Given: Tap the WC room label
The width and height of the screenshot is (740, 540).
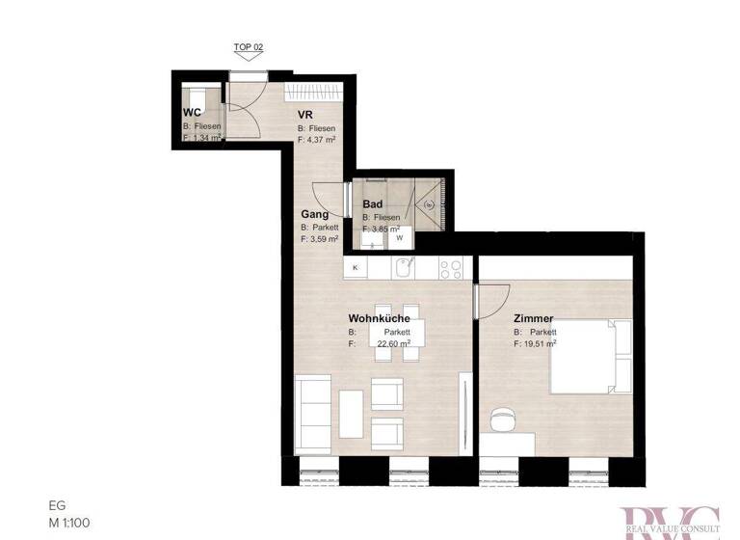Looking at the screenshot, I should coord(192,114).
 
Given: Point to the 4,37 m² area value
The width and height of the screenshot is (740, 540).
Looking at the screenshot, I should coord(320,139).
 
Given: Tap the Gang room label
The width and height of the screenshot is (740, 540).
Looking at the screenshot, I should coord(314,214).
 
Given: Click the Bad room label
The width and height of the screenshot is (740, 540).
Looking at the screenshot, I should coord(372,204).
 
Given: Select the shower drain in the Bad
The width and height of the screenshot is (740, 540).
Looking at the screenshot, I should coord(430,204).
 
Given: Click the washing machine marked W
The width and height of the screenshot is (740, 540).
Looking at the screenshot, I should coord(399,237).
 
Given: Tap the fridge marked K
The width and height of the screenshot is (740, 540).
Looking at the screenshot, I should coord(356,266).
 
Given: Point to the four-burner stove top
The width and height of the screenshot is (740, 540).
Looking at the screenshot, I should coord(451,266).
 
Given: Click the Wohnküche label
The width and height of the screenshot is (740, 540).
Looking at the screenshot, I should coord(380,318).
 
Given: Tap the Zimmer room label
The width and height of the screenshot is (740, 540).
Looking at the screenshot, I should coord(535,318).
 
